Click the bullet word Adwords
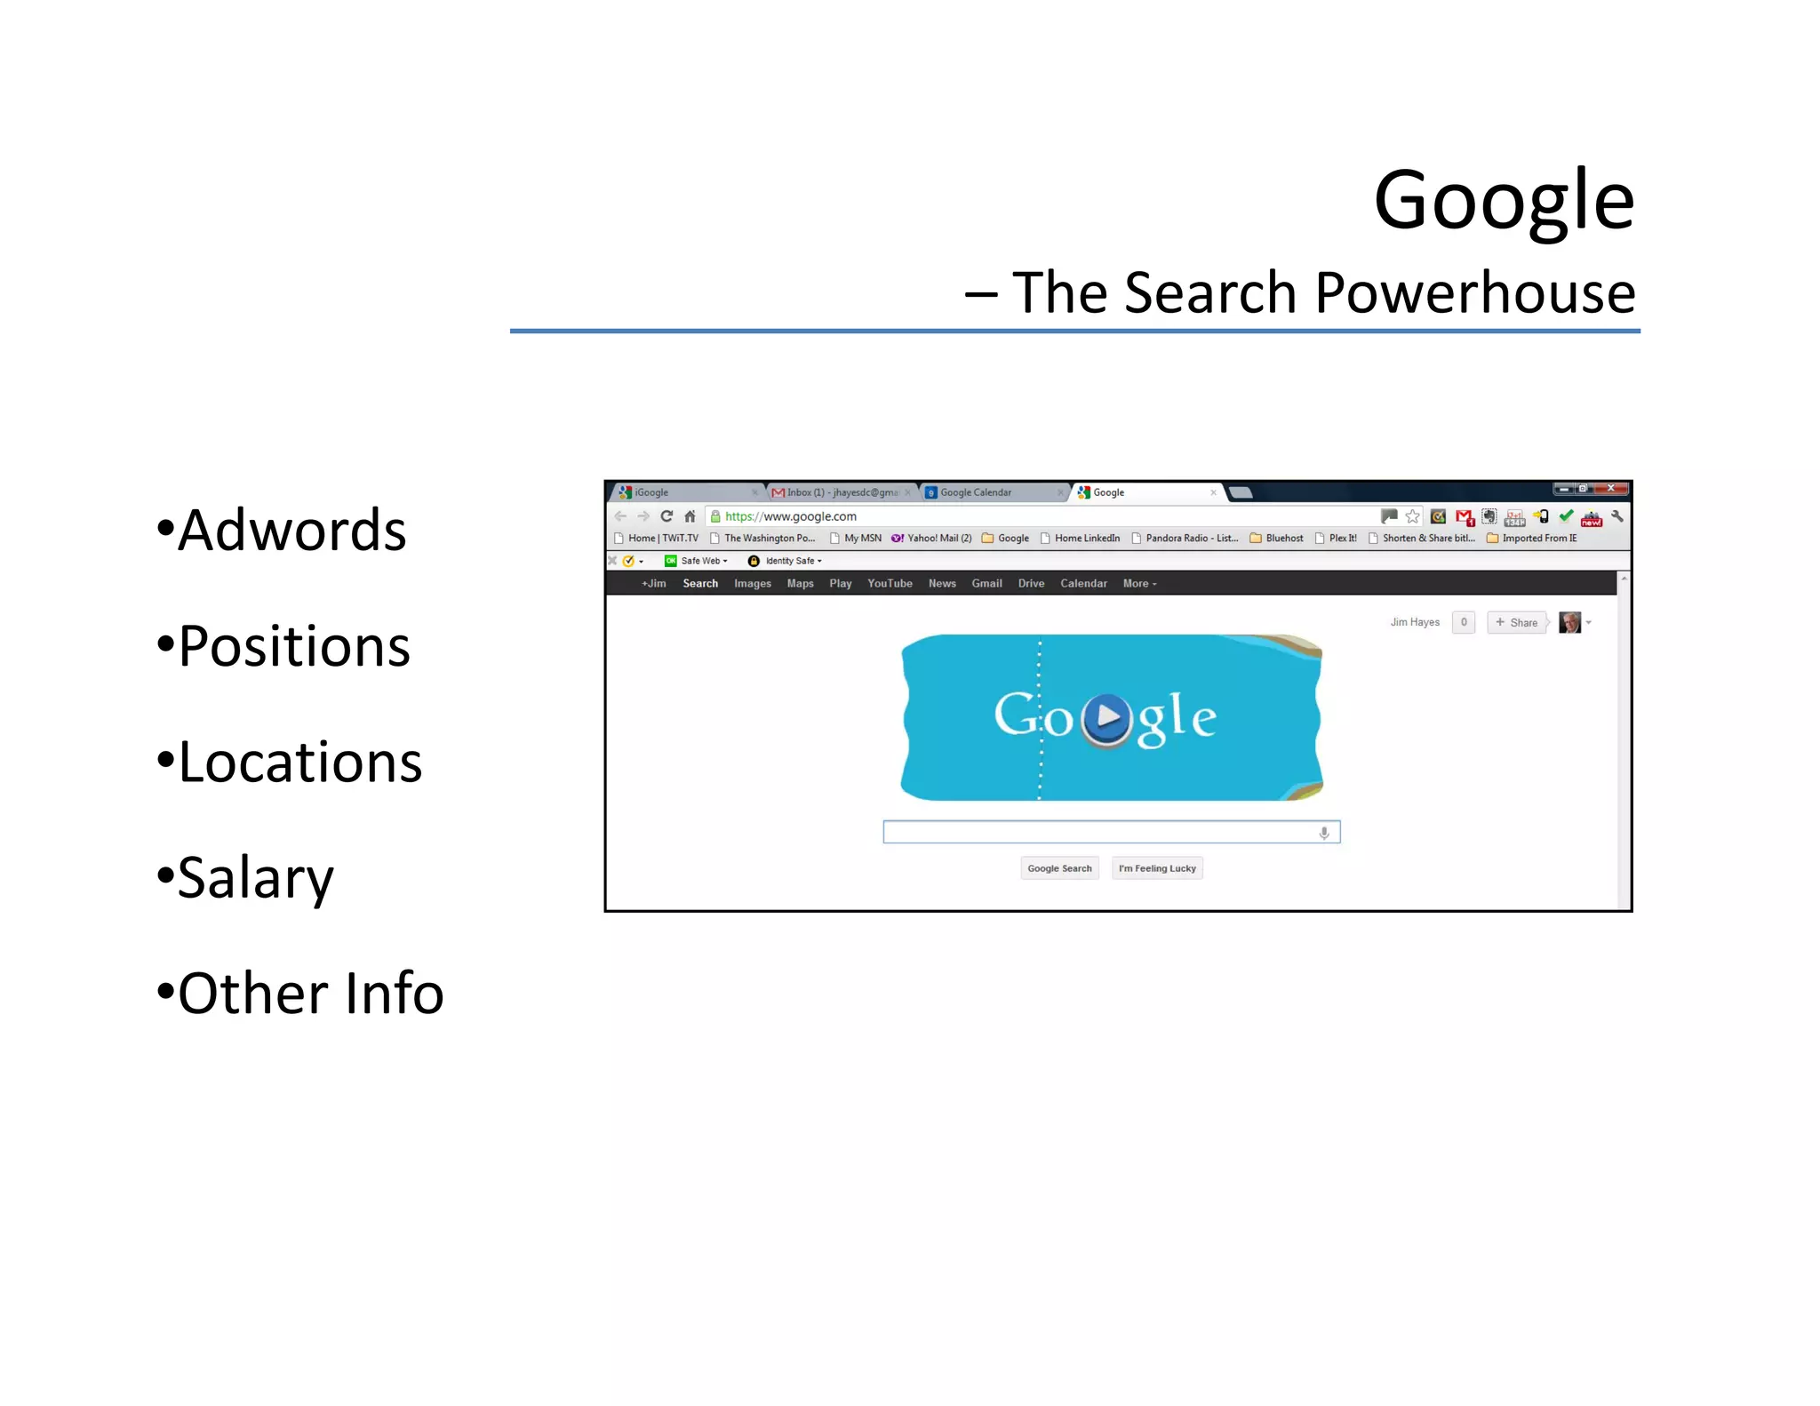[x=291, y=531]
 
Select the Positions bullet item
[x=293, y=646]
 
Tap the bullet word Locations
[x=299, y=762]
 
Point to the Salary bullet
[x=255, y=878]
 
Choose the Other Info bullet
[x=310, y=993]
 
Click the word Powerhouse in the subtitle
[x=1474, y=292]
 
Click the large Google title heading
[x=1503, y=200]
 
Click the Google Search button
[x=1059, y=868]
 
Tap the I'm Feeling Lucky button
[x=1157, y=868]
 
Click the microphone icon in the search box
[x=1324, y=833]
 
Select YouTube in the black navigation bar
[x=890, y=584]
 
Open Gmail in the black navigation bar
[x=986, y=584]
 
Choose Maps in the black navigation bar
[x=800, y=584]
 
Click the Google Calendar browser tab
[x=975, y=492]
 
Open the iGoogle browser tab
[x=651, y=492]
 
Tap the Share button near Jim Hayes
[x=1517, y=622]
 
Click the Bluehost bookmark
[x=1283, y=538]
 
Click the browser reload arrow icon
[x=667, y=516]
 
